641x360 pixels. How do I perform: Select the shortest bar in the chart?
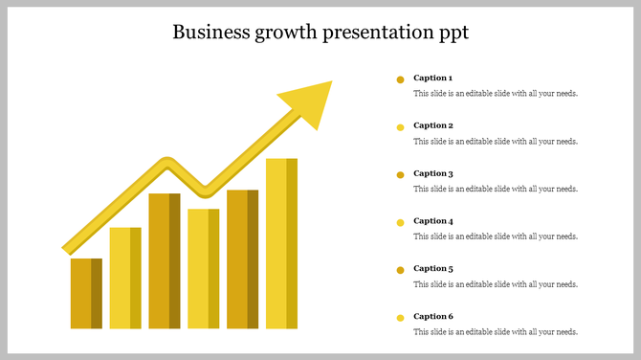coord(86,294)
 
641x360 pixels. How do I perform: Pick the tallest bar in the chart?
coord(281,243)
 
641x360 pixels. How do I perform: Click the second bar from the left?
coord(125,278)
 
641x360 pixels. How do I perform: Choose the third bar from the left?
coord(165,260)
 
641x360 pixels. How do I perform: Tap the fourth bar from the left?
coord(203,268)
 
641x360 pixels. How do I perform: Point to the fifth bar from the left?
coord(242,259)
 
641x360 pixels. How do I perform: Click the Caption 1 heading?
coord(432,78)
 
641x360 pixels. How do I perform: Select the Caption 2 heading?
coord(432,125)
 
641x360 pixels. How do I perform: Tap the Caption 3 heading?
coord(432,173)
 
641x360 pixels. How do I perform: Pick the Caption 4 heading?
coord(432,221)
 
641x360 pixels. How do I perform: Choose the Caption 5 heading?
coord(432,269)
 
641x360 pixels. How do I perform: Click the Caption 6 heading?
coord(432,316)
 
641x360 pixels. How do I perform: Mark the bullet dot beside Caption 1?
coord(400,79)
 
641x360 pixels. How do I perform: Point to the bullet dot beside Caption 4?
coord(400,222)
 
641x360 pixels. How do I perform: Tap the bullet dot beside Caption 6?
coord(400,318)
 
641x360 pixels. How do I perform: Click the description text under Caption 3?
coord(495,190)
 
